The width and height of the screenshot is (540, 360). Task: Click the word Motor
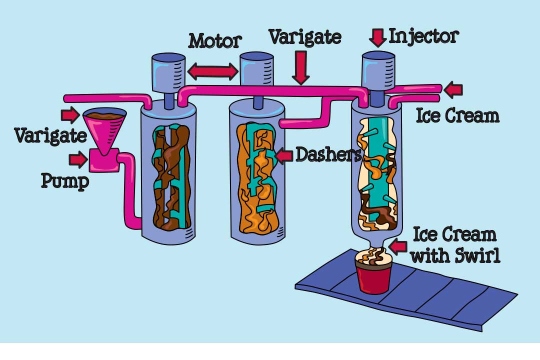(215, 41)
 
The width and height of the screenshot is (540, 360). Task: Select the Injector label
(423, 36)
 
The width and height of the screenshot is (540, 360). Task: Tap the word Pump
(64, 181)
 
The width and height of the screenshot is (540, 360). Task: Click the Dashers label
(328, 155)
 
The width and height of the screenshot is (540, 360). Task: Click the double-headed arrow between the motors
(212, 72)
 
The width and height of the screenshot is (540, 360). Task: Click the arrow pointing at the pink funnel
(70, 115)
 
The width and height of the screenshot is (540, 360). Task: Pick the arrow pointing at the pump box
(78, 160)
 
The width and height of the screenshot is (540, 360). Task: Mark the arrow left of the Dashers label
(284, 156)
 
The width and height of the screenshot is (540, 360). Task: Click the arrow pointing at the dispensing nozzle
(399, 246)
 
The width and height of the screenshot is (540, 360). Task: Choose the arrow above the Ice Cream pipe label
(453, 90)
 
